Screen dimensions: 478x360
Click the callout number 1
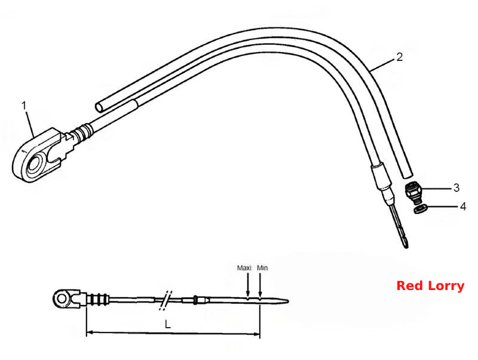(x=24, y=106)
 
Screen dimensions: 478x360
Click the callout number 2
(x=399, y=57)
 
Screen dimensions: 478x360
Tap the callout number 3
(x=456, y=188)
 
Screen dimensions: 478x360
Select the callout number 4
(x=463, y=206)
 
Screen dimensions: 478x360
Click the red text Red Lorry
(x=430, y=286)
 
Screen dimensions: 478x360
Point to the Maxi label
(x=244, y=268)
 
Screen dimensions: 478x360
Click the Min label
(x=262, y=268)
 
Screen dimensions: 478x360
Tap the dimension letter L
(x=168, y=324)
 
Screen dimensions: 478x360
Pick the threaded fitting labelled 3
(x=413, y=192)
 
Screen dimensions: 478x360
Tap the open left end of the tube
(x=99, y=108)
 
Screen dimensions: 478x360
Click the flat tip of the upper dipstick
(x=405, y=243)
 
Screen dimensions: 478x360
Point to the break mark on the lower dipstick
(x=166, y=301)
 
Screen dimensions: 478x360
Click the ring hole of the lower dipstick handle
(x=62, y=298)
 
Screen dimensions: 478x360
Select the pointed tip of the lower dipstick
(x=288, y=301)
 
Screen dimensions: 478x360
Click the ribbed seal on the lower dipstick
(x=97, y=299)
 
